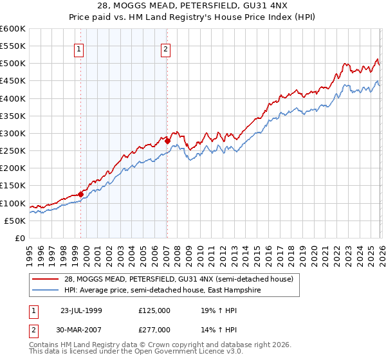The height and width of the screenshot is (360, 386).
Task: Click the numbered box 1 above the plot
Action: click(x=78, y=49)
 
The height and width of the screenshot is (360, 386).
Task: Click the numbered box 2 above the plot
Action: click(x=165, y=49)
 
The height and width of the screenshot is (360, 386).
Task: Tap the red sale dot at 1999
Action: click(x=81, y=194)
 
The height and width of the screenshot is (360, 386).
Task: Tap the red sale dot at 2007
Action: click(x=167, y=141)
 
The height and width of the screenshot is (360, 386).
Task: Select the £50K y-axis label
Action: click(x=15, y=221)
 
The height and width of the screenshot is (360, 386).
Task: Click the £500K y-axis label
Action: click(x=13, y=64)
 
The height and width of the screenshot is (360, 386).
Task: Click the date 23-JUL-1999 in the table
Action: click(x=82, y=310)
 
